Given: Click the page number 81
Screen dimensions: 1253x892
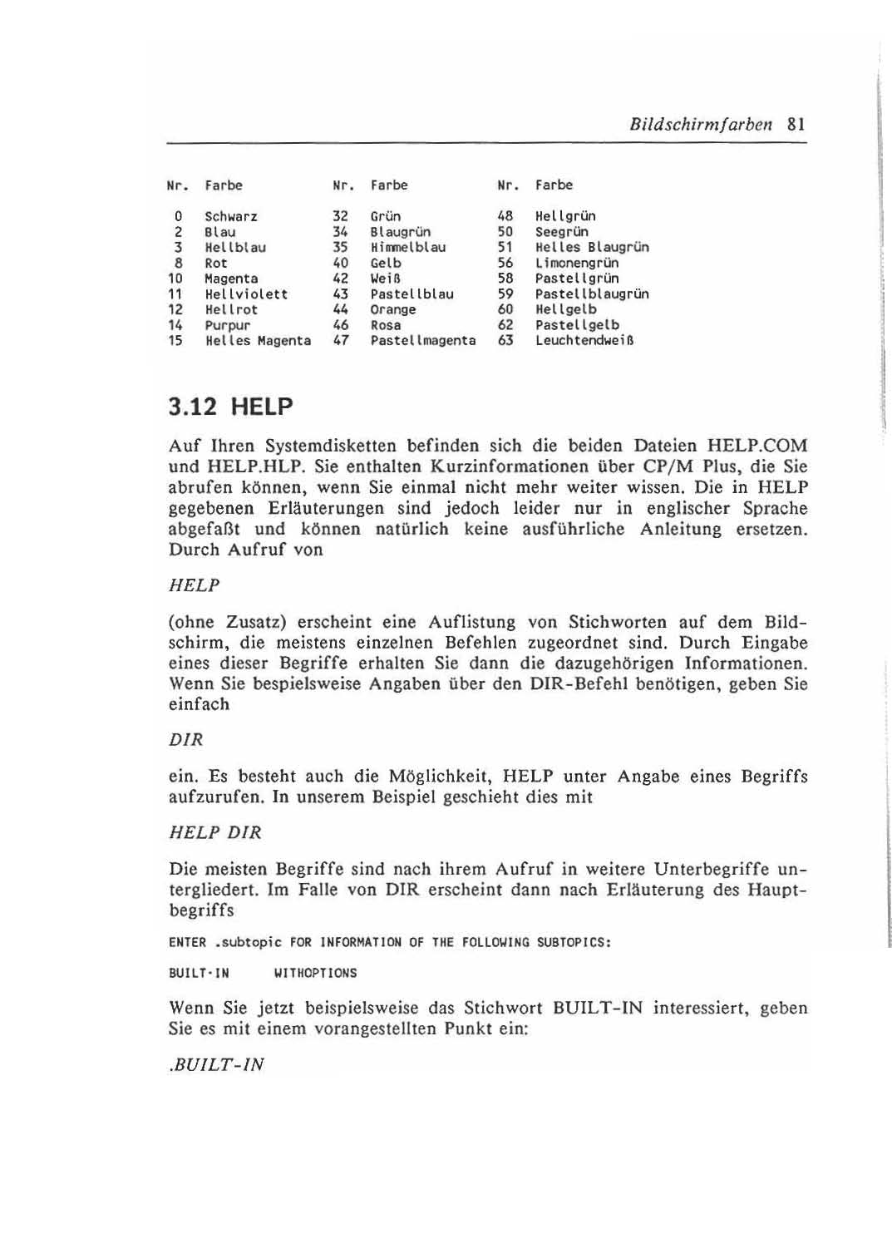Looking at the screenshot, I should pos(796,126).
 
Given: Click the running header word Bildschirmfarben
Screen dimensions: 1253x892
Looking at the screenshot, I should pos(701,126).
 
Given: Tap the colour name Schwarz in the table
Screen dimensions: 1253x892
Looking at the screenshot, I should pos(231,217).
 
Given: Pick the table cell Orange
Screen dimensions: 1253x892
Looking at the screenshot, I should pos(393,309).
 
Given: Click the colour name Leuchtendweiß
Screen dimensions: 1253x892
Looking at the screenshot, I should pos(585,341).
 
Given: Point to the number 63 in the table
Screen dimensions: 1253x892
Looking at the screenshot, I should pos(505,341).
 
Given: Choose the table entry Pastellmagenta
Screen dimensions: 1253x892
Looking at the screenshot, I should pos(423,341).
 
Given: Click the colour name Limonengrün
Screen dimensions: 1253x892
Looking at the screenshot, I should pos(577,263).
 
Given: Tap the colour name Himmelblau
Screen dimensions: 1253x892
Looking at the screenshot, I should pos(408,248).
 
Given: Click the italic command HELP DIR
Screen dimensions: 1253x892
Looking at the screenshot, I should pos(215,833).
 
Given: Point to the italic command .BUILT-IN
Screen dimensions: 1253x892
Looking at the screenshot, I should pos(216,1065).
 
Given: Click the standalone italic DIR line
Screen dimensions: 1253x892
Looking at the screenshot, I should pos(186,740).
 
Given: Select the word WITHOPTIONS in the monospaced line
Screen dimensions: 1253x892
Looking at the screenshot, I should pos(315,974).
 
